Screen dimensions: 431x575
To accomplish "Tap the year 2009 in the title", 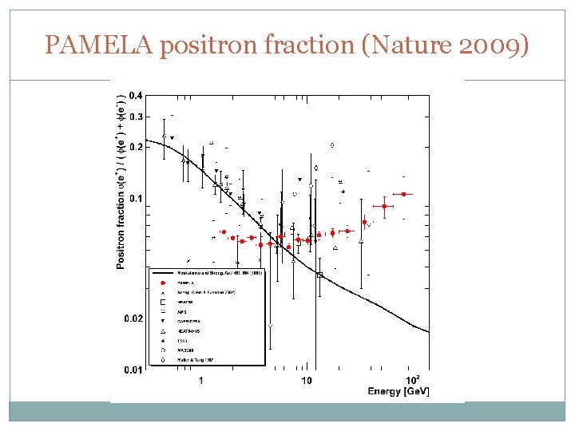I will [x=494, y=45].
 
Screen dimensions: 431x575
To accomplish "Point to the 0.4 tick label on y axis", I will [x=136, y=97].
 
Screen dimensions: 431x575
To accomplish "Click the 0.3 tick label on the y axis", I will [x=136, y=117].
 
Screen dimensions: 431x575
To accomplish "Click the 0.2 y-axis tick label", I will [x=136, y=148].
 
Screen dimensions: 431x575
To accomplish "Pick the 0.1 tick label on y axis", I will [x=136, y=199].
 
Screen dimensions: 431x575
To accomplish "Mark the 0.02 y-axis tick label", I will [x=134, y=318].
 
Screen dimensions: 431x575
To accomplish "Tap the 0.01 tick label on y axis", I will [x=134, y=370].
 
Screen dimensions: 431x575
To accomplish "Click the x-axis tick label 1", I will [x=200, y=380].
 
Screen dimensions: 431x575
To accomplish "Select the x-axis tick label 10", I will [x=307, y=380].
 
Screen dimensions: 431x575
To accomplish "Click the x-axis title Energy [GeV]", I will [x=398, y=391].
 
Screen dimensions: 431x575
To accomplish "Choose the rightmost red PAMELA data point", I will [x=404, y=194].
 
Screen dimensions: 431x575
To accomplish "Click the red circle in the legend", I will [x=163, y=283].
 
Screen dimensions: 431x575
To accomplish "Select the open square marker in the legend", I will [x=163, y=302].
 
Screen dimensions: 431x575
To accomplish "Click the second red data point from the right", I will [x=384, y=206].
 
